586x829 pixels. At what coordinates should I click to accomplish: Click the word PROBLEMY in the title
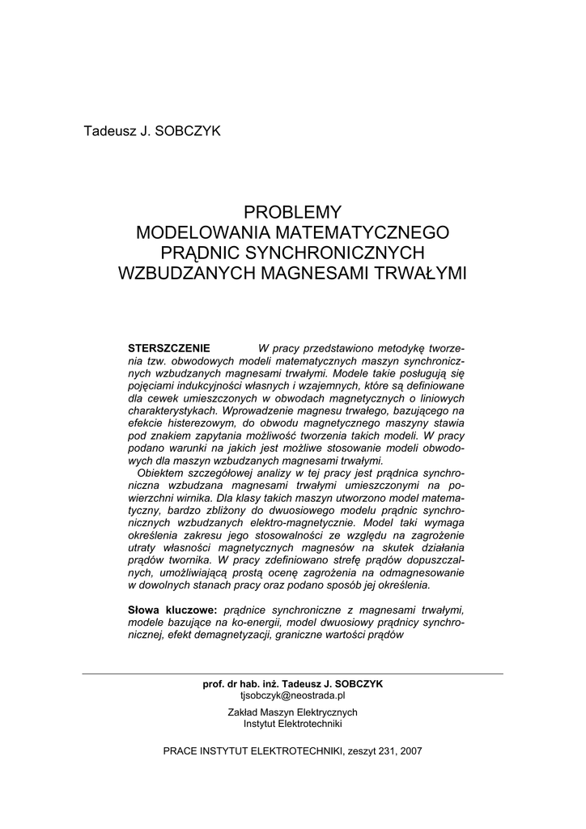tap(293, 212)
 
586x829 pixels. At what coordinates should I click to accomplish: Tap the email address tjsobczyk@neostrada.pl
tap(293, 695)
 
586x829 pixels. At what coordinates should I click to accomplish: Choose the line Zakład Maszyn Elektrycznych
tap(293, 712)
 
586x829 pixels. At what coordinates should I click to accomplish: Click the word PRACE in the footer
tap(180, 750)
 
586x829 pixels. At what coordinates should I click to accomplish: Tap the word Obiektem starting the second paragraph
tap(163, 472)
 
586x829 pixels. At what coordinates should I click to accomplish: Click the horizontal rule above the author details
tap(293, 673)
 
